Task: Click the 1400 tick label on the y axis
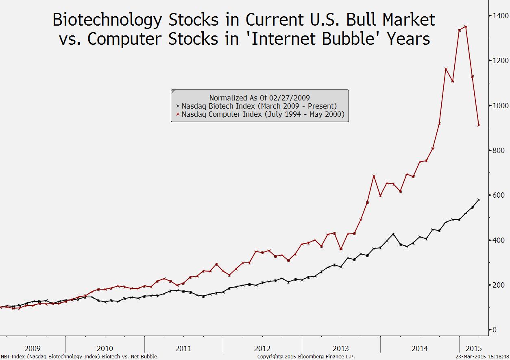[x=501, y=16]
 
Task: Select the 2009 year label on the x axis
[x=33, y=348]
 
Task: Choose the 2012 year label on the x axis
[x=262, y=348]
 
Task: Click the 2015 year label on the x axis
[x=473, y=348]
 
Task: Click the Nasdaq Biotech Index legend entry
[x=259, y=106]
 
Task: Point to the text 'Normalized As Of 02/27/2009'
[x=259, y=98]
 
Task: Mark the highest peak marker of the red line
[x=466, y=27]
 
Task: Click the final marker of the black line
[x=479, y=200]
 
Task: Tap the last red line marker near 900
[x=479, y=125]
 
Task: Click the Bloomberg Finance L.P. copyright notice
[x=306, y=357]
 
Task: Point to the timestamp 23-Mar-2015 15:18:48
[x=482, y=357]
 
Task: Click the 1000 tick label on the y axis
[x=501, y=105]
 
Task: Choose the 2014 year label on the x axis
[x=419, y=348]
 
